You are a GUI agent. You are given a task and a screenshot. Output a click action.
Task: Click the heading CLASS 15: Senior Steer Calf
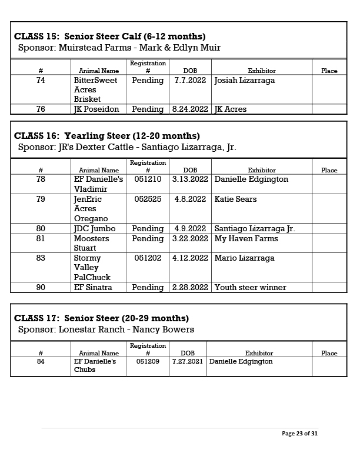[x=109, y=36]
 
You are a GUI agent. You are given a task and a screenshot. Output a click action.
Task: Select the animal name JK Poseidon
[x=96, y=109]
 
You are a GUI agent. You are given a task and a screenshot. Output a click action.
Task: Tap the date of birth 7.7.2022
[x=190, y=80]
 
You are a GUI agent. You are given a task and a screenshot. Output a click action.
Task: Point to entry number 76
[x=41, y=109]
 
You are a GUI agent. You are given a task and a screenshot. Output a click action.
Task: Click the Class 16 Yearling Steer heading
[x=107, y=136]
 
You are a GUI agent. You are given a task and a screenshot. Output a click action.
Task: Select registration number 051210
[x=148, y=179]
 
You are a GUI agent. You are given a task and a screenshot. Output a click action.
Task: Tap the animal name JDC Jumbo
[x=95, y=229]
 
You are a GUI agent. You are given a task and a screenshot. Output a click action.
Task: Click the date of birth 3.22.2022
[x=190, y=239]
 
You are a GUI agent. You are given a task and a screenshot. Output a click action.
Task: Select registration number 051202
[x=148, y=258]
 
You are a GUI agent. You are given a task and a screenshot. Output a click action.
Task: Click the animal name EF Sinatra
[x=93, y=288]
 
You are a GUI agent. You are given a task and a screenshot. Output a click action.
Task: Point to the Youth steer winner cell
[x=251, y=288]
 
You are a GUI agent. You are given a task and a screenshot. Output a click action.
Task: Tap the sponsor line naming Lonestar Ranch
[x=106, y=329]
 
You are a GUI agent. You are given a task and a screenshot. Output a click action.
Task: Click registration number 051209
[x=148, y=362]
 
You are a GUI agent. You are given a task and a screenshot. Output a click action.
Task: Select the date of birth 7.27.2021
[x=186, y=362]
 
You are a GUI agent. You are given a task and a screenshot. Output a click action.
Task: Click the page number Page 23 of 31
[x=300, y=434]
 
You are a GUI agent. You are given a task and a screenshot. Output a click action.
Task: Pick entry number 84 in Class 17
[x=41, y=362]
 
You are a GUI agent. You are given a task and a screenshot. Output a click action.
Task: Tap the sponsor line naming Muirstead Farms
[x=119, y=48]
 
